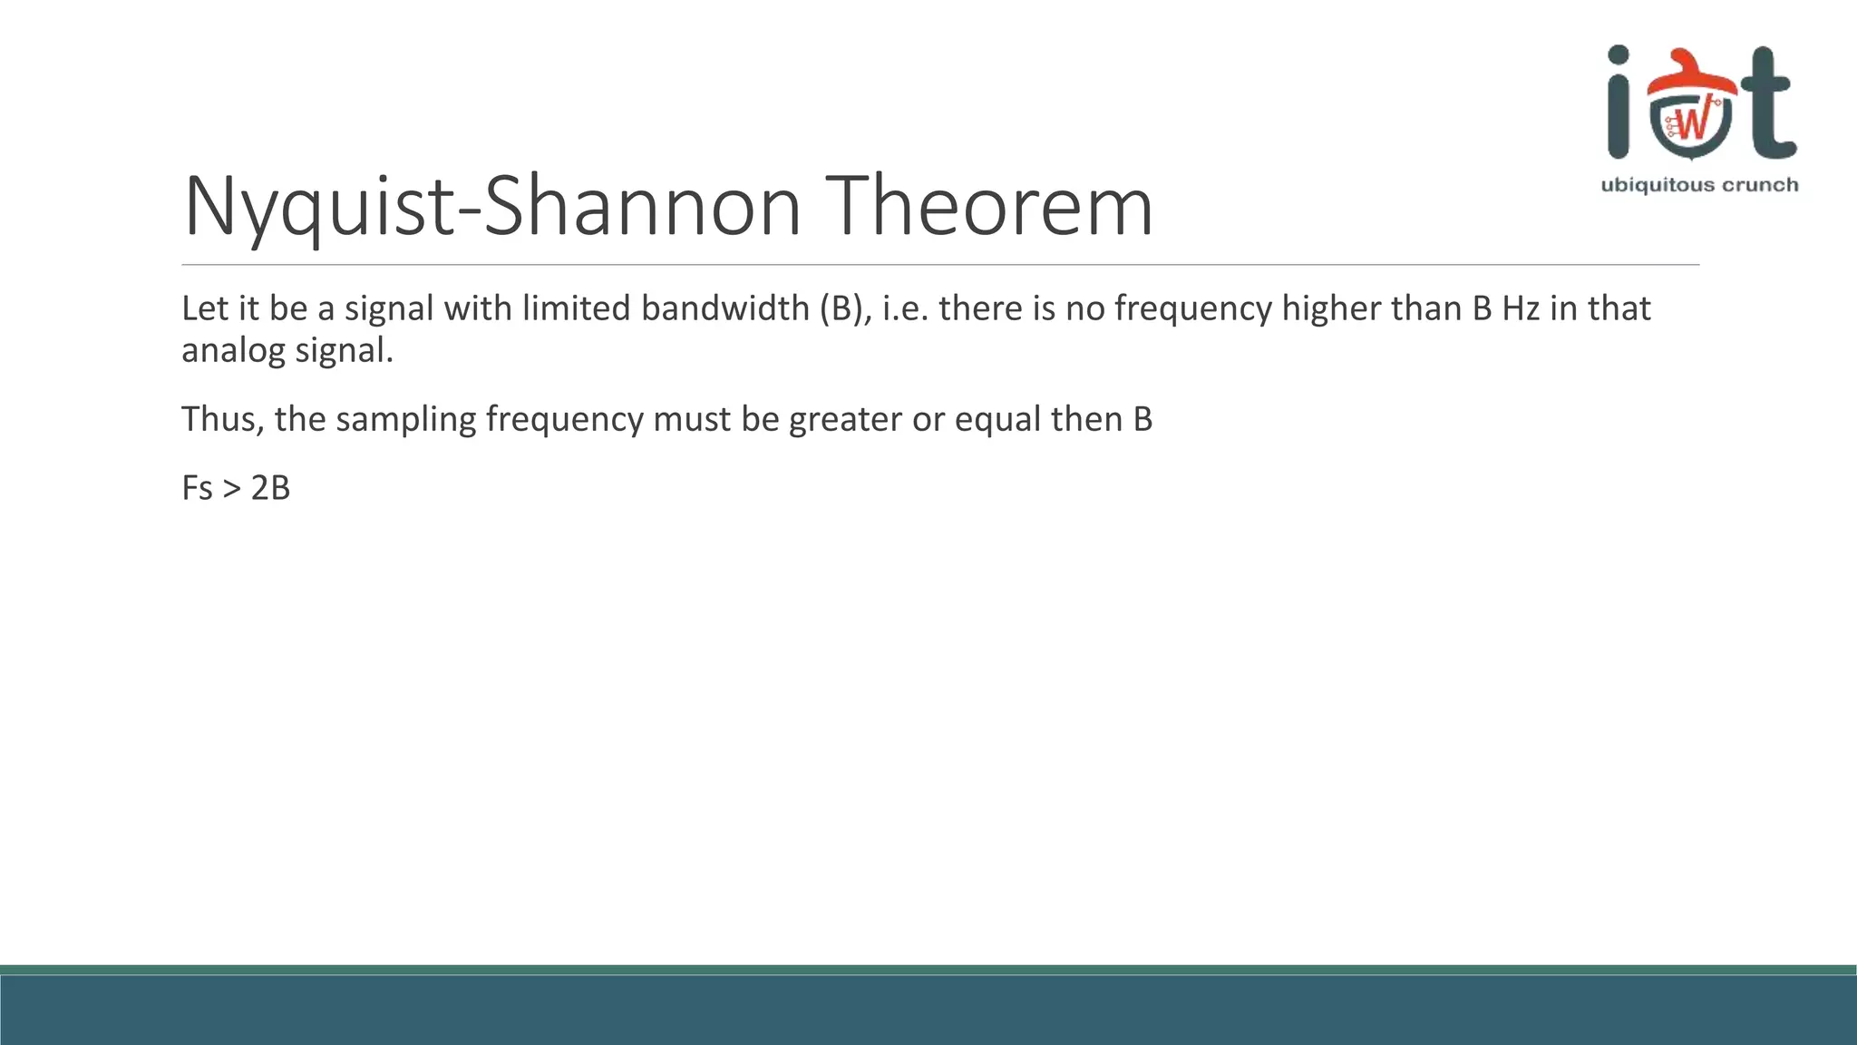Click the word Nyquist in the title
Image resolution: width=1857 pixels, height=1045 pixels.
click(318, 208)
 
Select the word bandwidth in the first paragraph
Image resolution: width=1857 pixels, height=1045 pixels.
click(724, 308)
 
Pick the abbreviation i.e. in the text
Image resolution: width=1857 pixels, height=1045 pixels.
click(906, 308)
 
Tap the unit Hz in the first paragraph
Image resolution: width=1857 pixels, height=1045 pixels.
click(1521, 308)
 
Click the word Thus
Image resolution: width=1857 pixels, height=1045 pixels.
click(221, 419)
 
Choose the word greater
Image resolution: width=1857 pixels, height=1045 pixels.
click(845, 420)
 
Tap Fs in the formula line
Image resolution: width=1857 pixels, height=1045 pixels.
click(197, 488)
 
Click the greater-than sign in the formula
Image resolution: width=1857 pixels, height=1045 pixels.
click(232, 489)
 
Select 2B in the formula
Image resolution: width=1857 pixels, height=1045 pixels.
click(270, 488)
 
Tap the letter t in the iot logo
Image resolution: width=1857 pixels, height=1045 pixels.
click(1768, 104)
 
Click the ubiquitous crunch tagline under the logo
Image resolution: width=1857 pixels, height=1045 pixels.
click(1699, 185)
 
